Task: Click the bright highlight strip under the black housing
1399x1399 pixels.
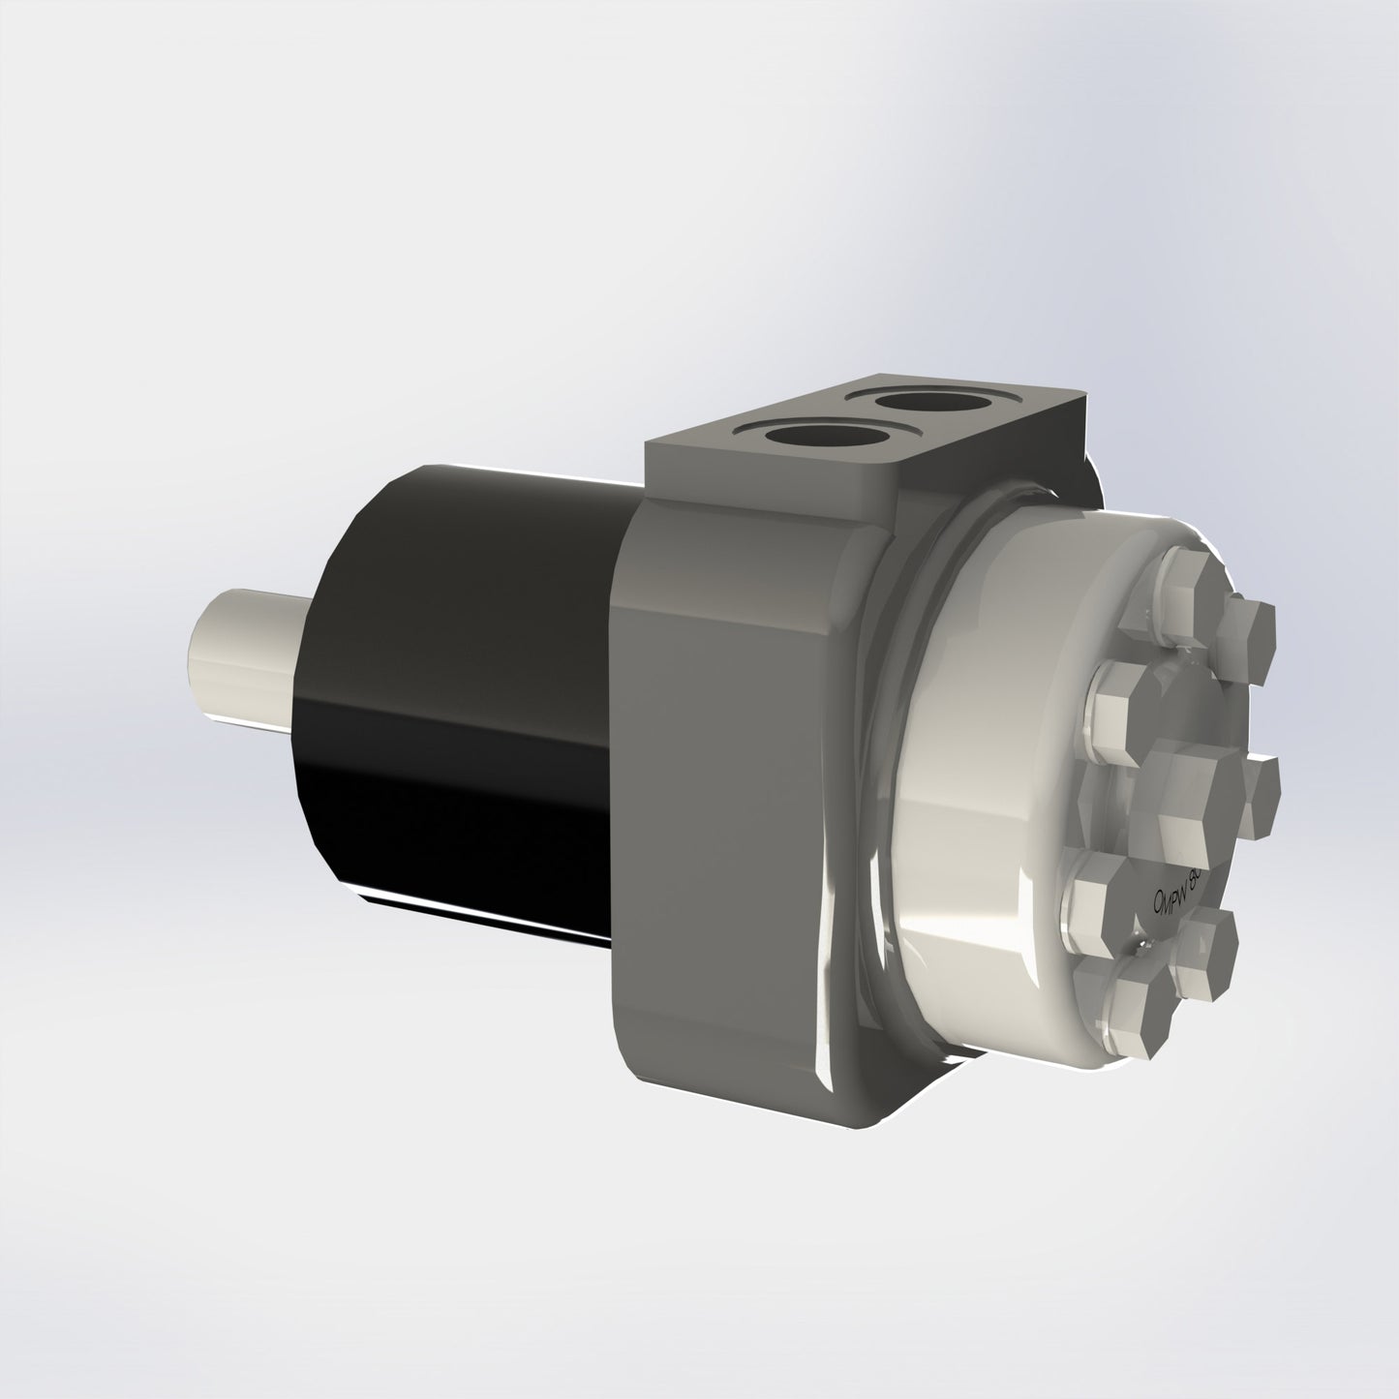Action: [484, 915]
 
